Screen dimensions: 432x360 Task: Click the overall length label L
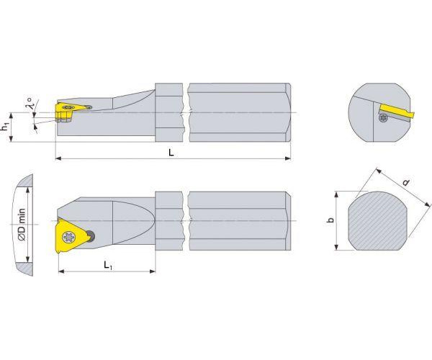(x=171, y=153)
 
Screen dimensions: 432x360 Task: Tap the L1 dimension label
(x=108, y=265)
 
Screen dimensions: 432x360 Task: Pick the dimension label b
(x=330, y=220)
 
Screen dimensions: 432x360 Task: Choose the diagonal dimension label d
(x=406, y=182)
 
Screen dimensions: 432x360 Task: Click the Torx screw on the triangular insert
(x=68, y=237)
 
